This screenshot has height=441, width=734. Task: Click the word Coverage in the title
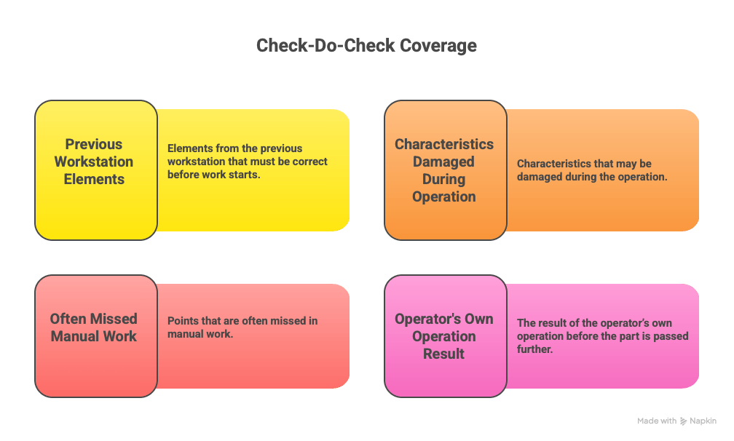coord(438,45)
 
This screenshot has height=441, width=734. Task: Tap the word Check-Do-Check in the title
coord(326,45)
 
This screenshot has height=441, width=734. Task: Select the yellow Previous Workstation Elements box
coord(96,170)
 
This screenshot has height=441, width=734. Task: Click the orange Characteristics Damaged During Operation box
coord(445,170)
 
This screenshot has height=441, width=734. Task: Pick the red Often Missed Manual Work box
coord(96,336)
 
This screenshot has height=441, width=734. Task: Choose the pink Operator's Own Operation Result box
coord(445,336)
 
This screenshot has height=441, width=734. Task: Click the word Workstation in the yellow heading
coord(94,162)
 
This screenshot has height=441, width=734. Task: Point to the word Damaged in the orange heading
coord(443,162)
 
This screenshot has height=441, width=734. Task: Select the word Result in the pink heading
coord(443,354)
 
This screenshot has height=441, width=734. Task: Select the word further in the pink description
coord(534,349)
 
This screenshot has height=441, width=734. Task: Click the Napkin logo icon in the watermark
coord(684,421)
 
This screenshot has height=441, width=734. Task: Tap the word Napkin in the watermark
coord(703,421)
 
